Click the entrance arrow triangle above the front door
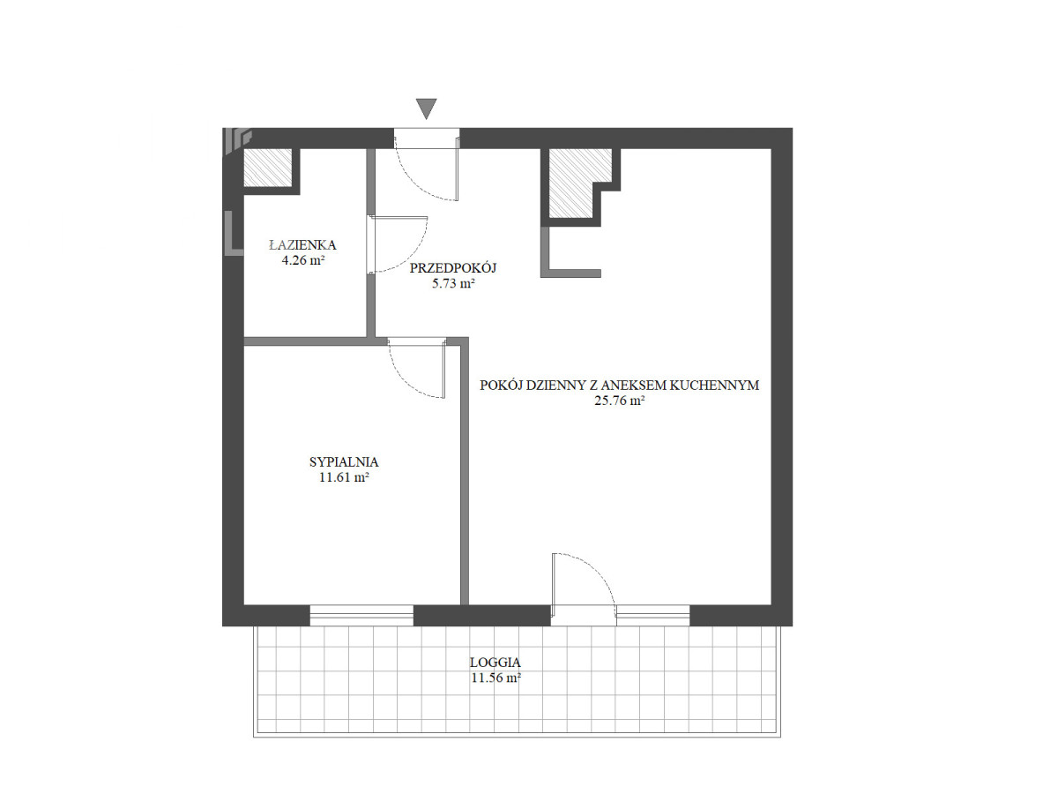[426, 108]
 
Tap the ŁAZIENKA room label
[302, 245]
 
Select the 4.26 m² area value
[302, 260]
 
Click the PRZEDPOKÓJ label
[452, 267]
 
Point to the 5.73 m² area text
[453, 283]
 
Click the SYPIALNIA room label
[344, 461]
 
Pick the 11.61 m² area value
[344, 478]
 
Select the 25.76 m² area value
[620, 401]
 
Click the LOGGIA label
[495, 663]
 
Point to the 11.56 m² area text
[495, 678]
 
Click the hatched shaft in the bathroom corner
[267, 168]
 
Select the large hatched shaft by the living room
[575, 184]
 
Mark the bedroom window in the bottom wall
[361, 616]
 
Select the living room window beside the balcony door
[652, 616]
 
